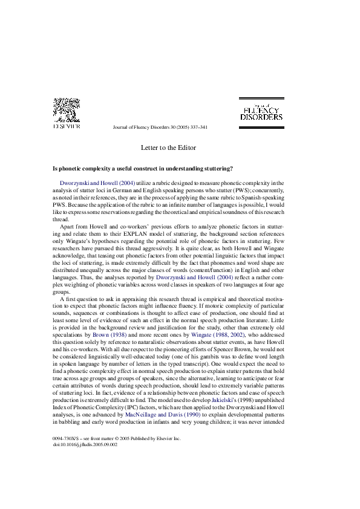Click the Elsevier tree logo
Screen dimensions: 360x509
click(67, 110)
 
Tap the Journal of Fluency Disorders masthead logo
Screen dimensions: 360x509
click(261, 113)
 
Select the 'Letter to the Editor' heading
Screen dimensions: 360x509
click(168, 148)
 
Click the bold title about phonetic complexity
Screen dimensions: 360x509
click(143, 169)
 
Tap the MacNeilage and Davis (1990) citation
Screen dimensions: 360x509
click(163, 415)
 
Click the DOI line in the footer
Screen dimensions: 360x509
click(85, 445)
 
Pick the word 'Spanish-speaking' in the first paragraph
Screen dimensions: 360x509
click(265, 197)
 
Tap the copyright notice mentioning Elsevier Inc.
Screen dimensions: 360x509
click(117, 438)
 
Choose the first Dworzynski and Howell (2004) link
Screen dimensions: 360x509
click(97, 183)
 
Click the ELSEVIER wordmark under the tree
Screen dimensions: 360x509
click(67, 126)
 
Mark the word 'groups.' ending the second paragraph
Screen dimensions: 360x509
click(61, 292)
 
